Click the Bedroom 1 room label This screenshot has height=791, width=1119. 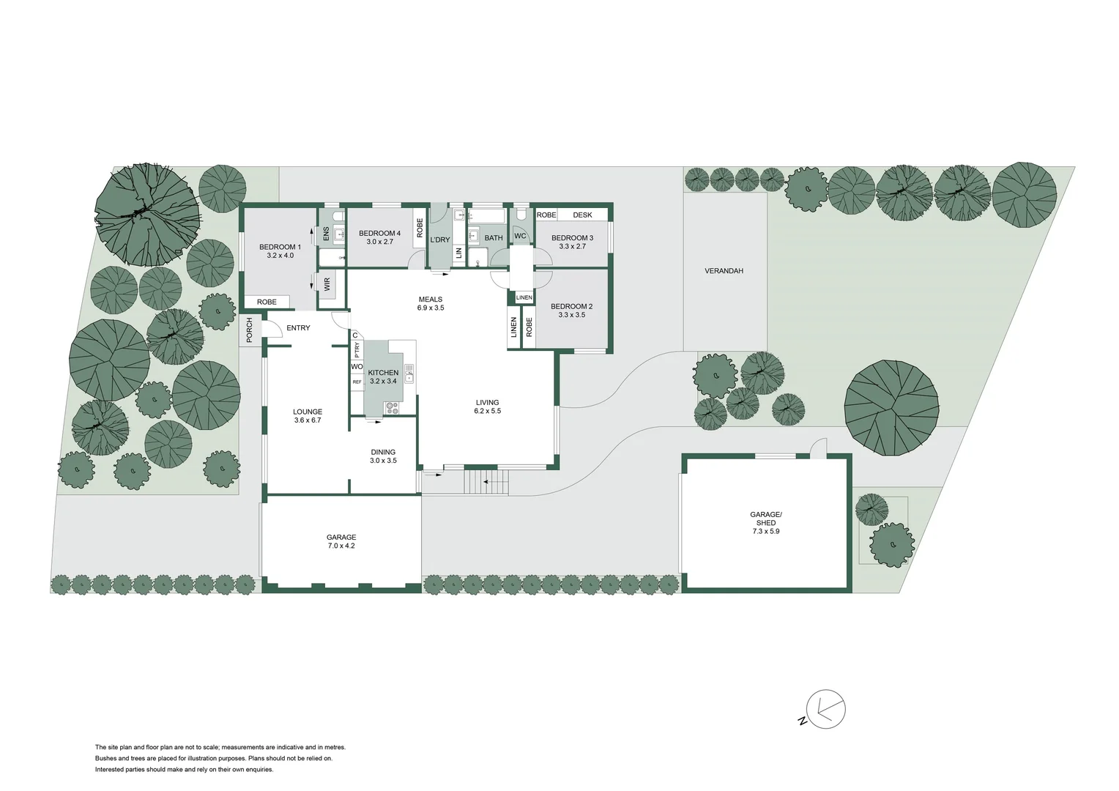pyautogui.click(x=280, y=247)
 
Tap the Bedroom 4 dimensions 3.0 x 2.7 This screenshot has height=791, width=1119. pyautogui.click(x=379, y=242)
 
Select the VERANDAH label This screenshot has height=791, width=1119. pyautogui.click(x=724, y=271)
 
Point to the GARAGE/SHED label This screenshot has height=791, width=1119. pyautogui.click(x=766, y=519)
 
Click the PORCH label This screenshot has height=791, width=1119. pyautogui.click(x=250, y=330)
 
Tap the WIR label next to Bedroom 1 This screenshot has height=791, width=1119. pyautogui.click(x=327, y=284)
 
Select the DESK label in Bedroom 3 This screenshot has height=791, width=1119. pyautogui.click(x=582, y=215)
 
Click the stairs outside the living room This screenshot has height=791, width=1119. pyautogui.click(x=487, y=483)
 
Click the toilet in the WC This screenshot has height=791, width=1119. pyautogui.click(x=521, y=215)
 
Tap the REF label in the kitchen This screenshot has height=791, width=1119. pyautogui.click(x=357, y=382)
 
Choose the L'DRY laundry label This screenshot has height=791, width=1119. pyautogui.click(x=439, y=239)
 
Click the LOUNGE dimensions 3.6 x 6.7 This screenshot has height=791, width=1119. pyautogui.click(x=307, y=420)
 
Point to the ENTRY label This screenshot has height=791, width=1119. pyautogui.click(x=298, y=328)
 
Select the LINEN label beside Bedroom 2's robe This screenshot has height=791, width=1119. pyautogui.click(x=513, y=327)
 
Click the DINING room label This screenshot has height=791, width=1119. pyautogui.click(x=382, y=452)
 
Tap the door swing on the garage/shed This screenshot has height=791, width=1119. pyautogui.click(x=817, y=446)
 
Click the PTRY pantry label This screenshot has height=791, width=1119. pyautogui.click(x=357, y=351)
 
